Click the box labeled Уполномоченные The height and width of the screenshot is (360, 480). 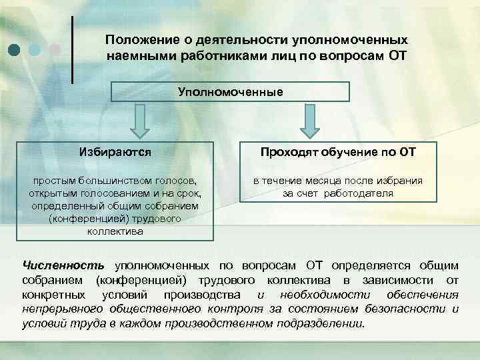pyautogui.click(x=230, y=91)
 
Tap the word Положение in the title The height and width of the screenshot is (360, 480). pyautogui.click(x=137, y=41)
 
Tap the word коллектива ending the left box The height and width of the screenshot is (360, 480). pyautogui.click(x=115, y=231)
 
